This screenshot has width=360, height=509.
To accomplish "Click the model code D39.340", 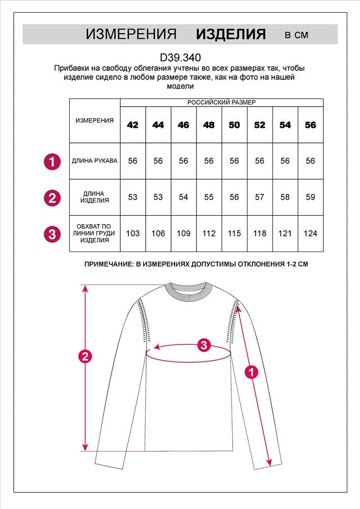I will pyautogui.click(x=180, y=58).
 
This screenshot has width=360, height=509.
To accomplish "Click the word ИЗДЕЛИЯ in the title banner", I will pyautogui.click(x=231, y=35).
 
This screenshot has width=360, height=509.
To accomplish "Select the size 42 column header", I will pyautogui.click(x=132, y=125).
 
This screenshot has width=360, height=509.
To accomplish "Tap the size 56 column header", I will pyautogui.click(x=310, y=125).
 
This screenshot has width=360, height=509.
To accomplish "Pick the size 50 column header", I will pyautogui.click(x=234, y=125).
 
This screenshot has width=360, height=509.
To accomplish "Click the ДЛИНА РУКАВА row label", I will pyautogui.click(x=95, y=161).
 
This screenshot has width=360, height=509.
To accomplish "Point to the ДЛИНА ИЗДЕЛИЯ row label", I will pyautogui.click(x=95, y=197).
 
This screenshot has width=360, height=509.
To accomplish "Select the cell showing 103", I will pyautogui.click(x=132, y=234).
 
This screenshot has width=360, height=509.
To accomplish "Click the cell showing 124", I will pyautogui.click(x=310, y=234).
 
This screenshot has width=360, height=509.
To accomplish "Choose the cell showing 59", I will pyautogui.click(x=310, y=197).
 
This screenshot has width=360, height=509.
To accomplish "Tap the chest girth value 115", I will pyautogui.click(x=234, y=234).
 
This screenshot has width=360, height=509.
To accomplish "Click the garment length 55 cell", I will pyautogui.click(x=209, y=197).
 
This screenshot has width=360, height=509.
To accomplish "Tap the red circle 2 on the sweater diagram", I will pyautogui.click(x=86, y=356).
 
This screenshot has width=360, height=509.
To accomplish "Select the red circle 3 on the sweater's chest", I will pyautogui.click(x=204, y=345).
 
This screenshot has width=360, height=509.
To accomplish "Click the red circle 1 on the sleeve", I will pyautogui.click(x=250, y=373).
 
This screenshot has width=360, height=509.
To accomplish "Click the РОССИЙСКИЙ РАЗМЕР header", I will pyautogui.click(x=221, y=102).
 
